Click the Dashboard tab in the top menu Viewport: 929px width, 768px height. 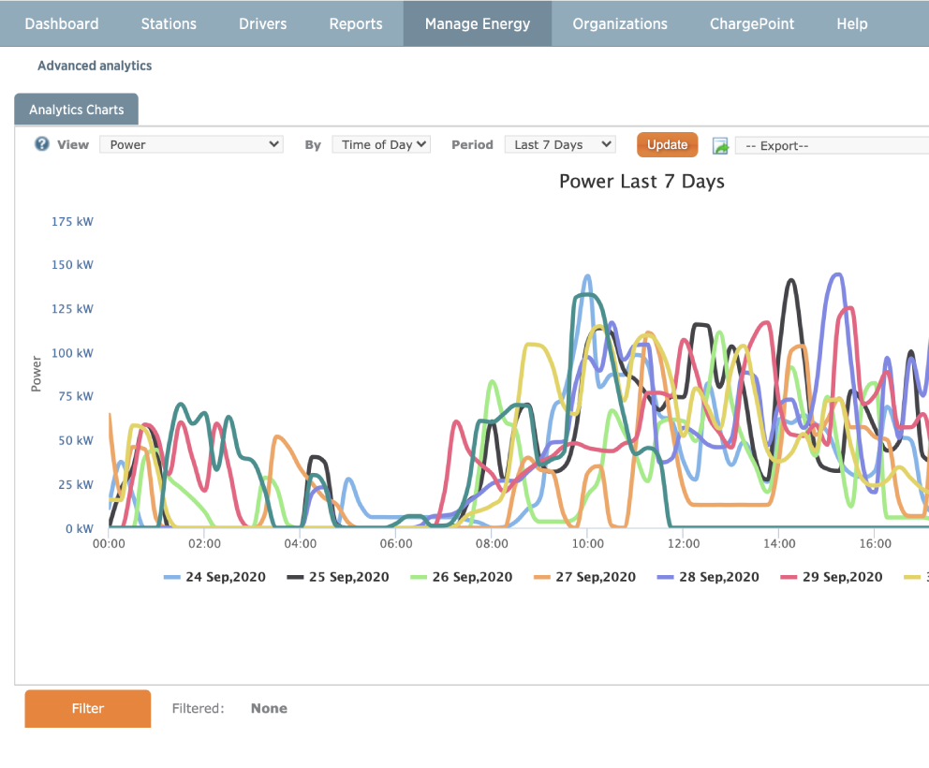tap(62, 23)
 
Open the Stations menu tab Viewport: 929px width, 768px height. tap(169, 23)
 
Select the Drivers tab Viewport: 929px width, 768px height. tap(263, 23)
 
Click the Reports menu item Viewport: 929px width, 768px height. tap(356, 23)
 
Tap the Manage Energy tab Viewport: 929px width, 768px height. tap(478, 23)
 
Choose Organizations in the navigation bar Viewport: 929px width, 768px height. tap(620, 23)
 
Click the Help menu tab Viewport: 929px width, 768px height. tap(852, 23)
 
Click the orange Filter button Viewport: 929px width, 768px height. tap(88, 709)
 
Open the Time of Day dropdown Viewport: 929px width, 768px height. tap(381, 144)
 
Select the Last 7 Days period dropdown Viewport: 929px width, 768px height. tap(559, 144)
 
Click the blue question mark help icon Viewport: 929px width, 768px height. tap(42, 144)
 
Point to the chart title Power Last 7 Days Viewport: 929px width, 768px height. tap(641, 182)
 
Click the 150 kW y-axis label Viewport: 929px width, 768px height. tap(72, 265)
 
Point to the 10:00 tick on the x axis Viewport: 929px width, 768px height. tap(587, 543)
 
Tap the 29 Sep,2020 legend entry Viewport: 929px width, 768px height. tap(832, 577)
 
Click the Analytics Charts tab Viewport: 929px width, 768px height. tap(77, 110)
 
